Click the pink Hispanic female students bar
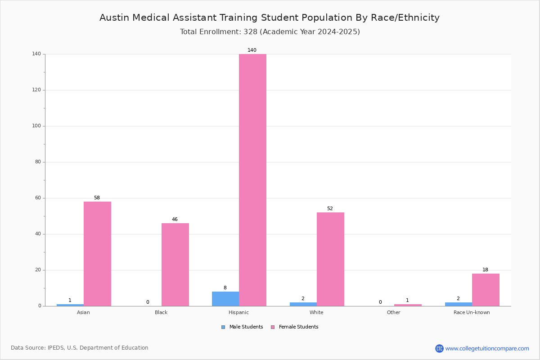(252, 180)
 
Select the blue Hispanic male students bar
(225, 299)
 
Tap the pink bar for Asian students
(97, 254)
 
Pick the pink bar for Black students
(175, 265)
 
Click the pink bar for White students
(330, 259)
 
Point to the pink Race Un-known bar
(486, 290)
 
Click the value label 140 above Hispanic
(252, 50)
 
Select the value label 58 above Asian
(97, 198)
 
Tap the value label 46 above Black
(175, 220)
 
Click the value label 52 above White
(330, 208)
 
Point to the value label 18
(485, 270)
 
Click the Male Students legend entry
(242, 327)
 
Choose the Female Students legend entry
(295, 327)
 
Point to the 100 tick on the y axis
(36, 126)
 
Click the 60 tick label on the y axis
(38, 198)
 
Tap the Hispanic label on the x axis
(238, 312)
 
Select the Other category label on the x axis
(394, 312)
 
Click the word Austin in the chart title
(114, 18)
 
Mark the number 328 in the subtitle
(251, 32)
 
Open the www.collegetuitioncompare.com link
(487, 349)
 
